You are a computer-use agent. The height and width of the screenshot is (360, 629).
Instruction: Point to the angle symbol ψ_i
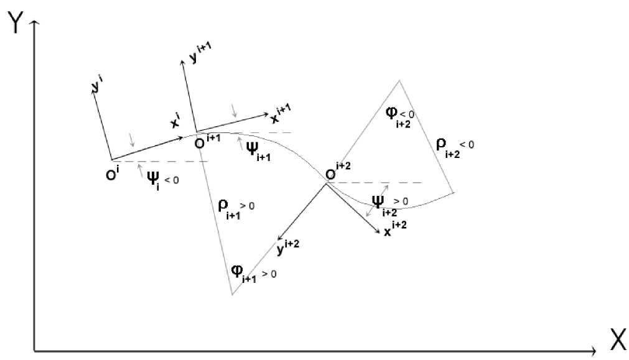pyautogui.click(x=153, y=181)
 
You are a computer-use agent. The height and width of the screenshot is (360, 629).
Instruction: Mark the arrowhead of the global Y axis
pyautogui.click(x=35, y=24)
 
